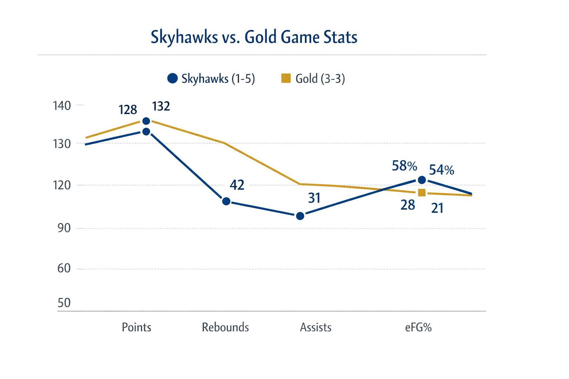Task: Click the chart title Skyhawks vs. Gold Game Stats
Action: (254, 37)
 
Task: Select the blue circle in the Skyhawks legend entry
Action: (172, 78)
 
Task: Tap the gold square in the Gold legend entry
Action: (286, 78)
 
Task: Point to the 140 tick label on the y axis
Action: (62, 106)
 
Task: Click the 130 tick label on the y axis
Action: (62, 144)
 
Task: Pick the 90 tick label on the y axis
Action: (64, 228)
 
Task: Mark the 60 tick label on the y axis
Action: (64, 268)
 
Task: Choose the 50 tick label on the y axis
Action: (64, 303)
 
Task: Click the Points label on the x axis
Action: (136, 328)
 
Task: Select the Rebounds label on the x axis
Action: (225, 328)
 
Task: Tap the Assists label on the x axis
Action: (316, 328)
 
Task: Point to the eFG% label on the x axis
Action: (418, 328)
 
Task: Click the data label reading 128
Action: (128, 110)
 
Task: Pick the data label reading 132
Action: (161, 107)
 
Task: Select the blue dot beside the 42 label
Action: (226, 201)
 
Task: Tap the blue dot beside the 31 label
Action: (300, 216)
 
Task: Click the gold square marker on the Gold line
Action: (422, 192)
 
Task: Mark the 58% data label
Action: (404, 166)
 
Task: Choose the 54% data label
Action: (441, 170)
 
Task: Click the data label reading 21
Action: (437, 208)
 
